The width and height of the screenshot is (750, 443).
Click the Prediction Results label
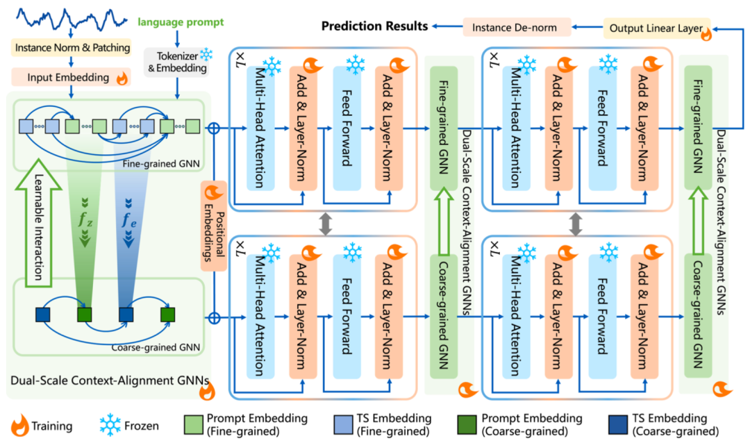(374, 26)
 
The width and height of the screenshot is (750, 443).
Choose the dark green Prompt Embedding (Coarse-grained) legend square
(469, 424)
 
